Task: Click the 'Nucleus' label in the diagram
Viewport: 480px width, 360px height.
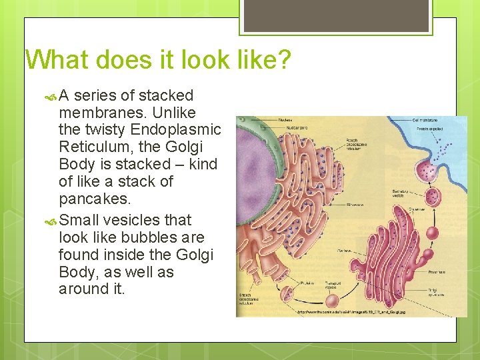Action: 286,119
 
